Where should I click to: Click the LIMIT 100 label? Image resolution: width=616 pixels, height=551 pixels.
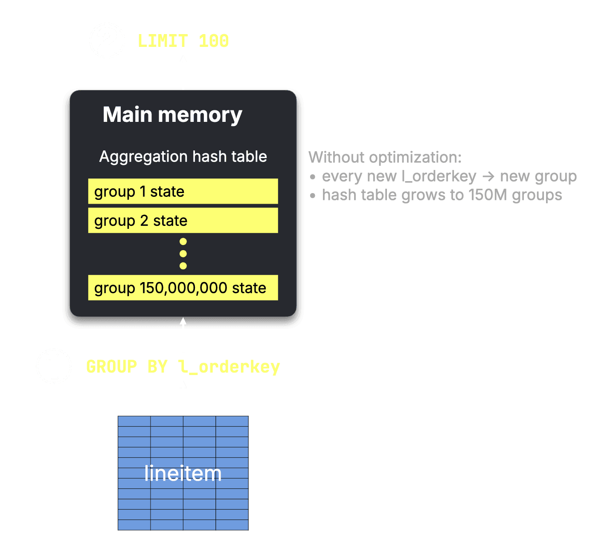183,41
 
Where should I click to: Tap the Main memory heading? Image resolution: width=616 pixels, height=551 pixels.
172,115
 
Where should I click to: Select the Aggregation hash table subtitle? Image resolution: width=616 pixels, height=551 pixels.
183,157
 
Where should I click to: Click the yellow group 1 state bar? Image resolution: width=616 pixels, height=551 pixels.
183,191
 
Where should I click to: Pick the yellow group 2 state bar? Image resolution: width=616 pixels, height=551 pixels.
183,220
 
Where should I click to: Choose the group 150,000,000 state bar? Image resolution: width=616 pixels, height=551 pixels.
183,288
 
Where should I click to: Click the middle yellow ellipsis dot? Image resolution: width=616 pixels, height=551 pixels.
183,254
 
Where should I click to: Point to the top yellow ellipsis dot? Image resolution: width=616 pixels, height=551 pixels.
183,242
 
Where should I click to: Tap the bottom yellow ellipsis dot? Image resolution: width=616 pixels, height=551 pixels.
183,266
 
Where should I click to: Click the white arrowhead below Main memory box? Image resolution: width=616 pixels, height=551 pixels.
183,321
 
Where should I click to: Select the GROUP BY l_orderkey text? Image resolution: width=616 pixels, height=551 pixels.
183,367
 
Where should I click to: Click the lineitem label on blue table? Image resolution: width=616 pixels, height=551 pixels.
183,473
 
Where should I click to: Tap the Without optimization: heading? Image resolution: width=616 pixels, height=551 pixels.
385,157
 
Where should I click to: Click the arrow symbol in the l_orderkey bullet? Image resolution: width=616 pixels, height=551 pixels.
488,176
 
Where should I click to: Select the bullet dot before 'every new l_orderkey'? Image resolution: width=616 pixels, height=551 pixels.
313,177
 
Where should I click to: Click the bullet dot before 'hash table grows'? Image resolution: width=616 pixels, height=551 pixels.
313,196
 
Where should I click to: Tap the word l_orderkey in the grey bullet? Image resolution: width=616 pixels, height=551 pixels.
439,176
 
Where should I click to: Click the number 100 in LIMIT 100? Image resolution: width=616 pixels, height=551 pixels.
214,41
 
